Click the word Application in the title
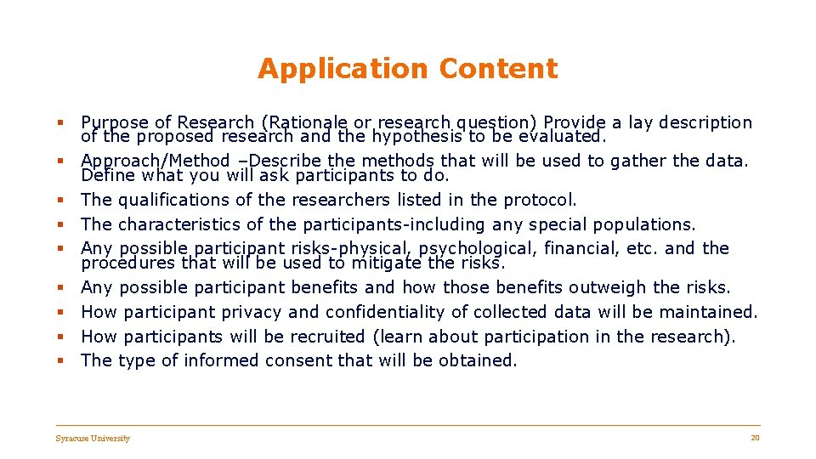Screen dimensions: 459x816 [330, 69]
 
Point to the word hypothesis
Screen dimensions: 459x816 [412, 136]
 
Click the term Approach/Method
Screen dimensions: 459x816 [156, 161]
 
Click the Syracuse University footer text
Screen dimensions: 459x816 [93, 439]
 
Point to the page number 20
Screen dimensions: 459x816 [755, 438]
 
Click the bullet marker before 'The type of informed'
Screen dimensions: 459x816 [62, 361]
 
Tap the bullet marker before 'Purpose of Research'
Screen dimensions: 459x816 [62, 123]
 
